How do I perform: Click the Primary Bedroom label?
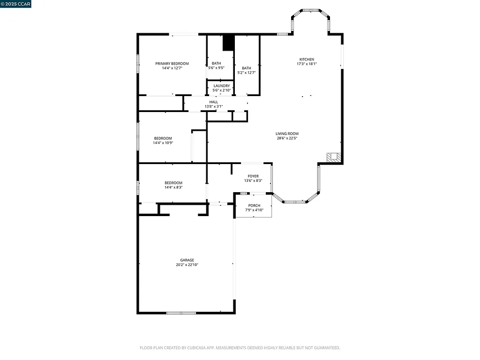[x=172, y=64]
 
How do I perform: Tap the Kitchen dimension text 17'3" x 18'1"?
[x=307, y=64]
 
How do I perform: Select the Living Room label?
[x=287, y=134]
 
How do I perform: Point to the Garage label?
[x=187, y=260]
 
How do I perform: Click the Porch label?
[x=254, y=205]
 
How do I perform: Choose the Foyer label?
[x=253, y=176]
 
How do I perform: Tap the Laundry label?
[x=221, y=86]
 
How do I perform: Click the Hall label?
[x=213, y=102]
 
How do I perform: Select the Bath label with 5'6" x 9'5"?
[x=216, y=63]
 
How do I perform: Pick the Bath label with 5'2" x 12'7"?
[x=246, y=68]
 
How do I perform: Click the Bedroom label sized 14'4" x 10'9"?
[x=163, y=138]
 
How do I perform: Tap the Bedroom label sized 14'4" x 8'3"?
[x=173, y=183]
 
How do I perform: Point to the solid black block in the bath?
[x=228, y=43]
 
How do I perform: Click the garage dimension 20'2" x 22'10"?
[x=187, y=265]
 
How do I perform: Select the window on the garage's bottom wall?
[x=181, y=313]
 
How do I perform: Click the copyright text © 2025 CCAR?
[x=16, y=4]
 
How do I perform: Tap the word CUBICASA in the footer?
[x=187, y=348]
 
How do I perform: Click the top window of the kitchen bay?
[x=310, y=10]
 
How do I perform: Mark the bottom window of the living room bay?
[x=295, y=202]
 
